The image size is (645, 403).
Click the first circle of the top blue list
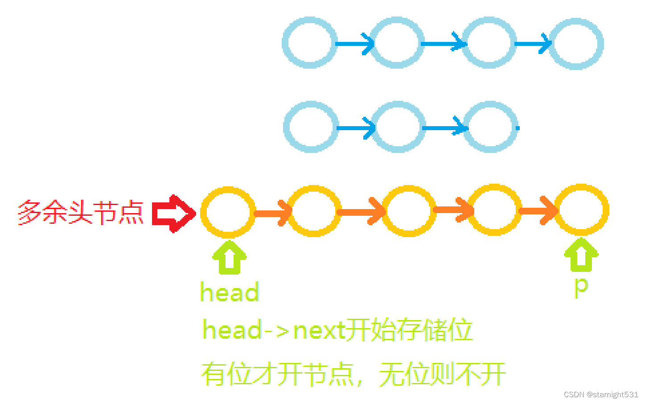[309, 43]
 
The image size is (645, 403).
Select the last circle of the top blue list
[576, 44]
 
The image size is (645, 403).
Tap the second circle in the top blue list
[397, 43]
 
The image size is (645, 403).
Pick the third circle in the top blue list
[489, 43]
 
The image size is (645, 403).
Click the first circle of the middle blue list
[310, 127]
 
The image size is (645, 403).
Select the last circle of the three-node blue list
[490, 127]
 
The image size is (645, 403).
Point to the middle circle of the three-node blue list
[398, 127]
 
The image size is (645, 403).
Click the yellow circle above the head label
[228, 212]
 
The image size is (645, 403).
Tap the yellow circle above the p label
[581, 210]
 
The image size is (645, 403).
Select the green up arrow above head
[229, 257]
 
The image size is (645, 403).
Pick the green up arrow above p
[581, 255]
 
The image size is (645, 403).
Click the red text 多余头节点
[81, 213]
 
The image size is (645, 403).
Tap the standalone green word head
[230, 292]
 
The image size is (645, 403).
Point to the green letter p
[581, 286]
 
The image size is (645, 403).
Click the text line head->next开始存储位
[337, 330]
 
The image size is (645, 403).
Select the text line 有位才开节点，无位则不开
[353, 374]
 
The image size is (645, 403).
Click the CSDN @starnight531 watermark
[600, 395]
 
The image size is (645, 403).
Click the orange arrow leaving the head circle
[272, 213]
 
